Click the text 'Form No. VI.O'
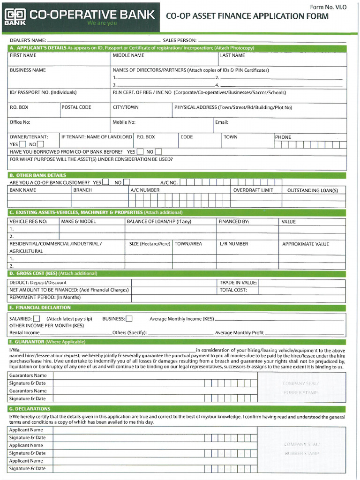coord(328,7)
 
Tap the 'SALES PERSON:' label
coord(180,40)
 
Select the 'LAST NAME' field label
coord(232,55)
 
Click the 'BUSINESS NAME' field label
coord(28,70)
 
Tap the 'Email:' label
coord(222,122)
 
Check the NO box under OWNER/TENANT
coord(40,144)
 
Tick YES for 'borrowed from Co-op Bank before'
coord(140,152)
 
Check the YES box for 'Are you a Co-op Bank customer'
coord(106,182)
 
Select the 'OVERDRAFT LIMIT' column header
coord(253,190)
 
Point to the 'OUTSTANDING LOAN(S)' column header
coord(312,190)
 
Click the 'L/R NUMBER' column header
coord(234,244)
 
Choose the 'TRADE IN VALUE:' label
coord(238,283)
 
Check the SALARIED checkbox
coord(37,319)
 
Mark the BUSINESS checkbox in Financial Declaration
coord(129,319)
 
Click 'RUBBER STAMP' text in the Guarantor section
coord(300,392)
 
